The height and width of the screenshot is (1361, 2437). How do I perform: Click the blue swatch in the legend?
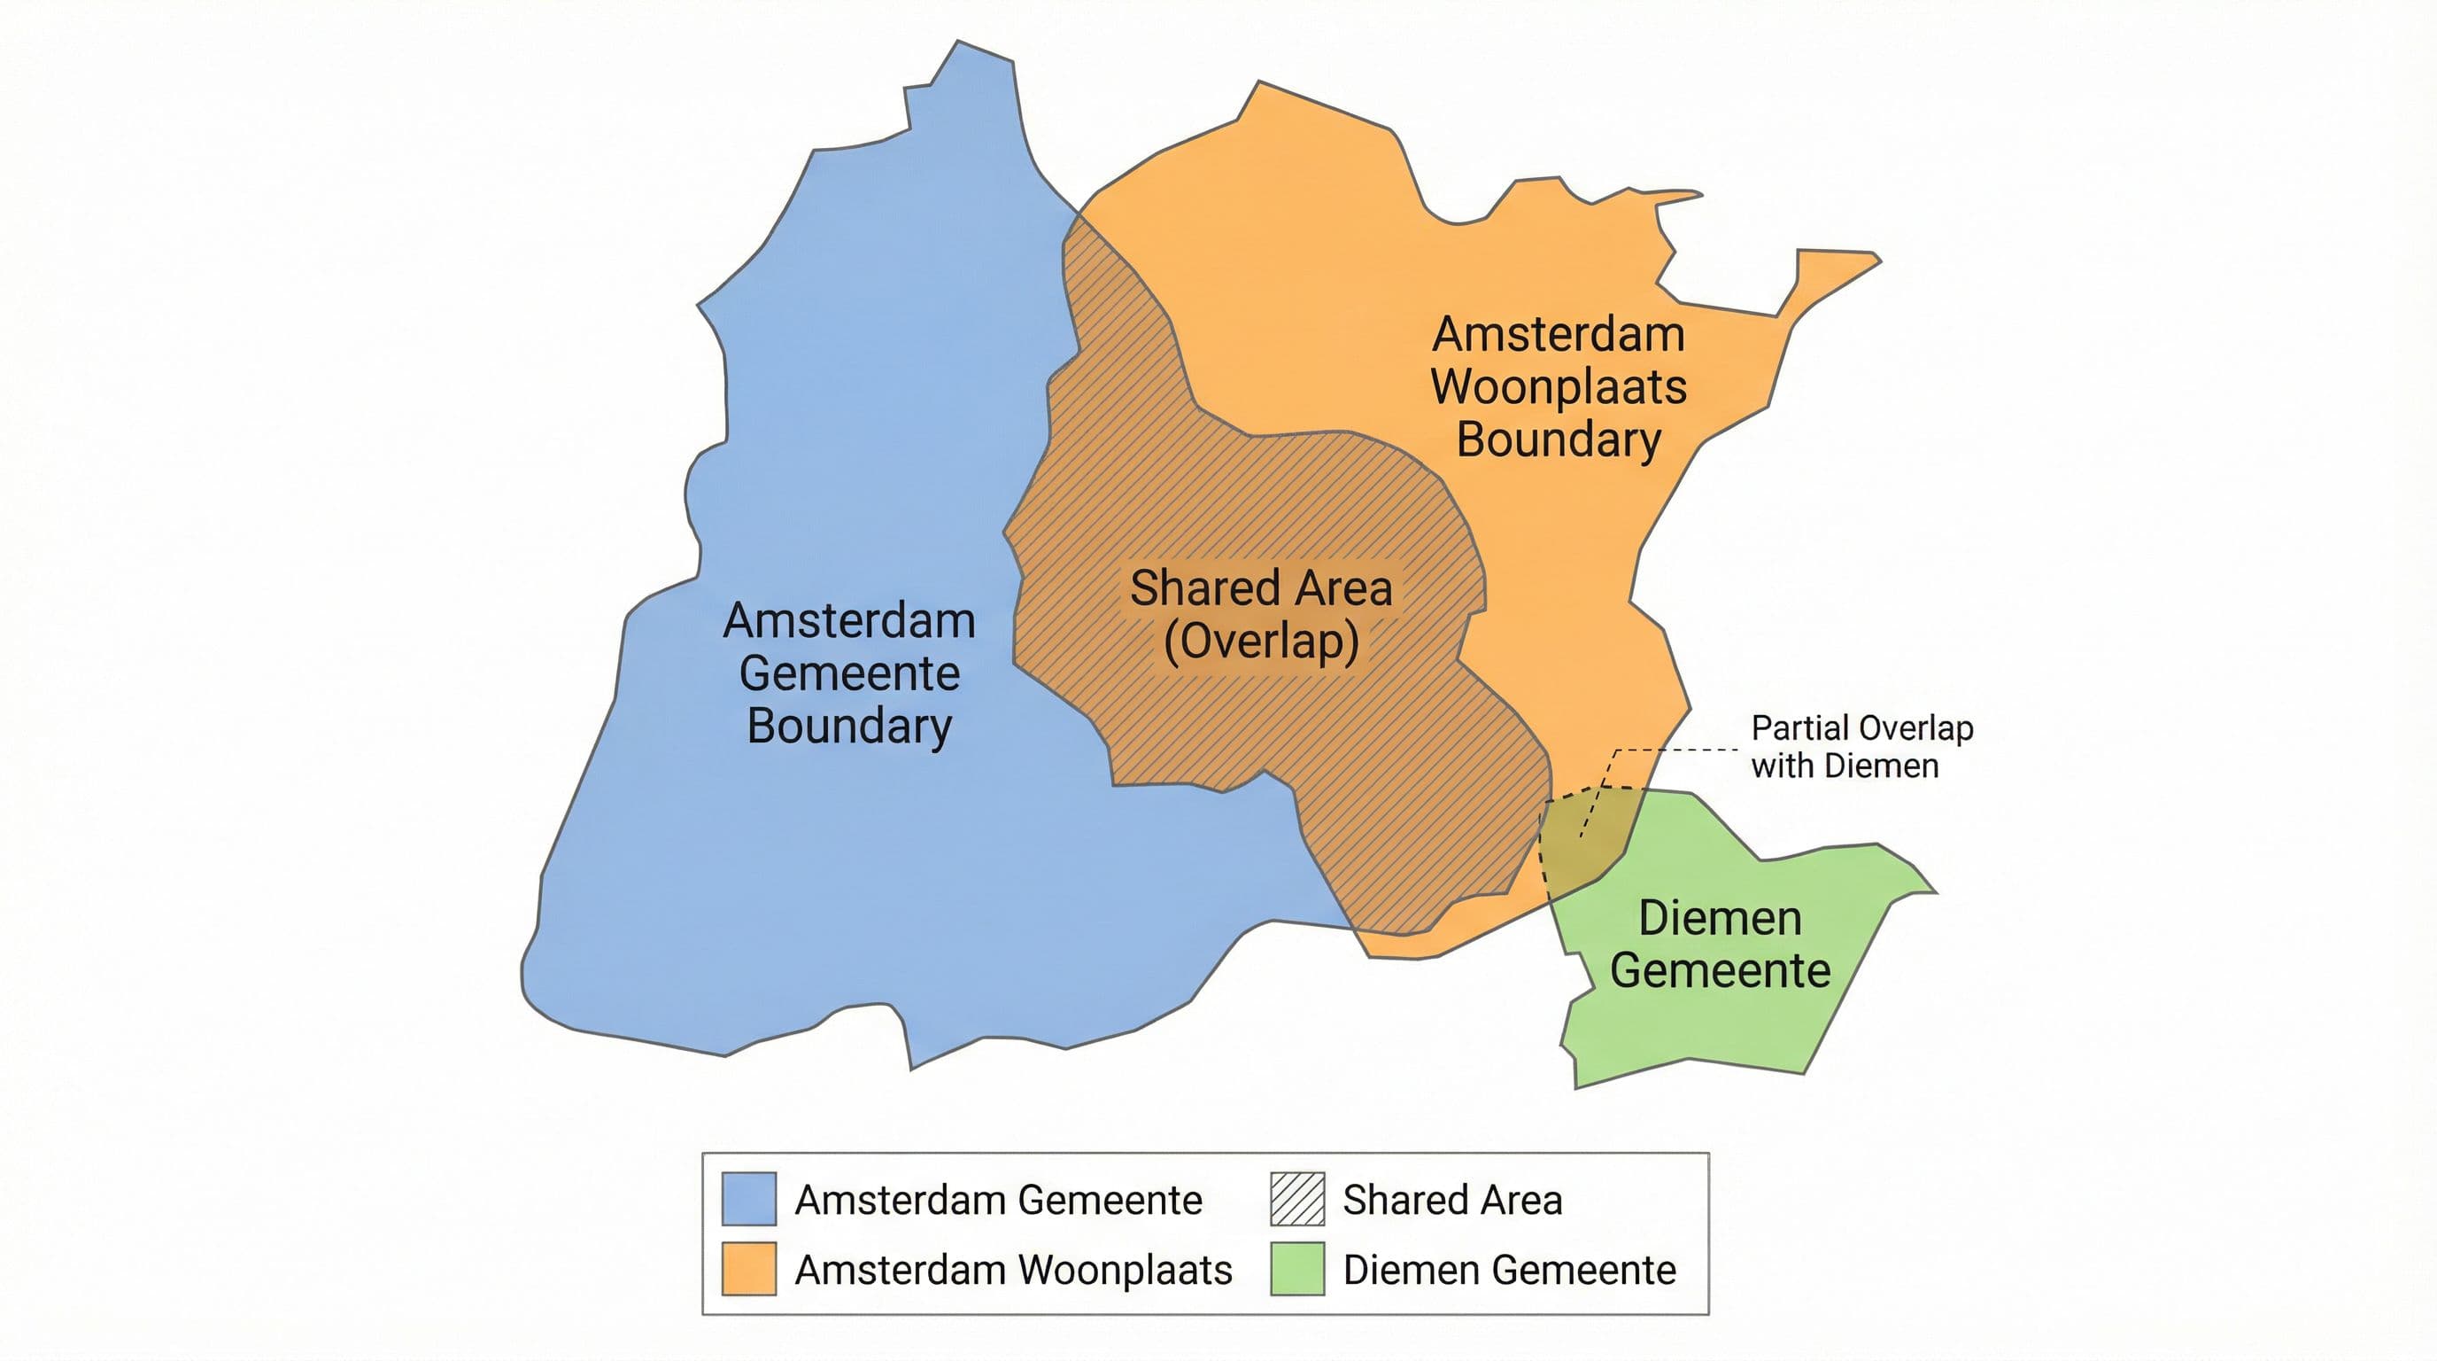[x=748, y=1198]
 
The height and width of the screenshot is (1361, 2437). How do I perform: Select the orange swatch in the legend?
[x=748, y=1268]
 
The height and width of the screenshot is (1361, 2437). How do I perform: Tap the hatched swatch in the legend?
[x=1297, y=1198]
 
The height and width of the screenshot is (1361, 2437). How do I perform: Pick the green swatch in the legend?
[x=1297, y=1268]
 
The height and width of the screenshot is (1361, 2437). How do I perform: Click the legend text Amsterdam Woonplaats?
[x=1013, y=1269]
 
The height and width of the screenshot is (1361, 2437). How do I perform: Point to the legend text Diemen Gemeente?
[x=1509, y=1269]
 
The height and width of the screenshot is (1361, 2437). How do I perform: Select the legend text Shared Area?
[x=1452, y=1199]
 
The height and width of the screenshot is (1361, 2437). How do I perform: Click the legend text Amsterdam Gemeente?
[x=998, y=1199]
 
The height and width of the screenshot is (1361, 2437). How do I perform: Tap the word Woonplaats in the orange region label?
[x=1559, y=386]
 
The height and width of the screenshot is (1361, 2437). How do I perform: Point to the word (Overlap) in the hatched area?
[x=1261, y=641]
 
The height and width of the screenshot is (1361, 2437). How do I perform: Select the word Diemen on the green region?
[x=1719, y=918]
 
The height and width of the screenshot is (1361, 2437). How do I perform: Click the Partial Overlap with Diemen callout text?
[x=1861, y=746]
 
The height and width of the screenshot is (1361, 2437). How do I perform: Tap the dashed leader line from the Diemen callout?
[x=1675, y=750]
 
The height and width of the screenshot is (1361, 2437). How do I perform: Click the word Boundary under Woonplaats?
[x=1559, y=439]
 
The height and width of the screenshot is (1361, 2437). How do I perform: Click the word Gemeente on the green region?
[x=1719, y=970]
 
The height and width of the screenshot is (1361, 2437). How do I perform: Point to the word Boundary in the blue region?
[x=849, y=726]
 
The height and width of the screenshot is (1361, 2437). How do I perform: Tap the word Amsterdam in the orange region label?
[x=1559, y=334]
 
